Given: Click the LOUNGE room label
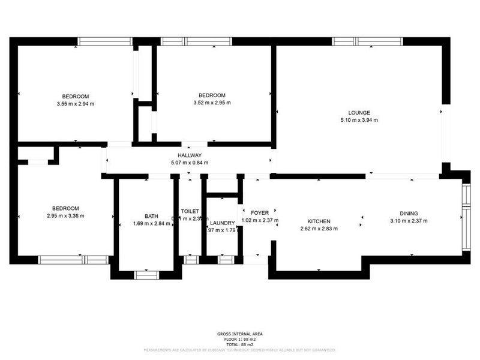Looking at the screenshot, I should coord(359,113).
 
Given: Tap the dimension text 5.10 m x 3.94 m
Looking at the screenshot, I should coord(359,120).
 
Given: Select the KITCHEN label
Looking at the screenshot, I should coord(319,221).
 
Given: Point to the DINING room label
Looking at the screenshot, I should coord(409,213).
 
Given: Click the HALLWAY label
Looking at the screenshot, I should coord(189,155).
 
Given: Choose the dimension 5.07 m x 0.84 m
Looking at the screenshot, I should coord(189,163).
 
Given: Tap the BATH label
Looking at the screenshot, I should coord(151,217).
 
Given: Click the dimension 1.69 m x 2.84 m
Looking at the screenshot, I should coord(151,224).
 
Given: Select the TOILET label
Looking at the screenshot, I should coord(190,211).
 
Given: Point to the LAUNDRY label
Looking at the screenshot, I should coord(222,223).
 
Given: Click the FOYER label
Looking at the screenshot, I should coord(259,212).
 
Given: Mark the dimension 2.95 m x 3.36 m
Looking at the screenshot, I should coord(65,216).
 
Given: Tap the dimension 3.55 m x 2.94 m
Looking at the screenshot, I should coord(76,104).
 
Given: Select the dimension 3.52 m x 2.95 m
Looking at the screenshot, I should coord(212,103).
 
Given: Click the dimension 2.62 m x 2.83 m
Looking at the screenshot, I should coord(319,229).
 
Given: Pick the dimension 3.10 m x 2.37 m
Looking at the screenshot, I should coord(409,221).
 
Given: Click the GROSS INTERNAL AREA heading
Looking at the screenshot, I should coord(239,334).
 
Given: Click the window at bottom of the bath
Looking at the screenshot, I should coord(146,274).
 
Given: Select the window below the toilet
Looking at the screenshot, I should coord(190,260).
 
